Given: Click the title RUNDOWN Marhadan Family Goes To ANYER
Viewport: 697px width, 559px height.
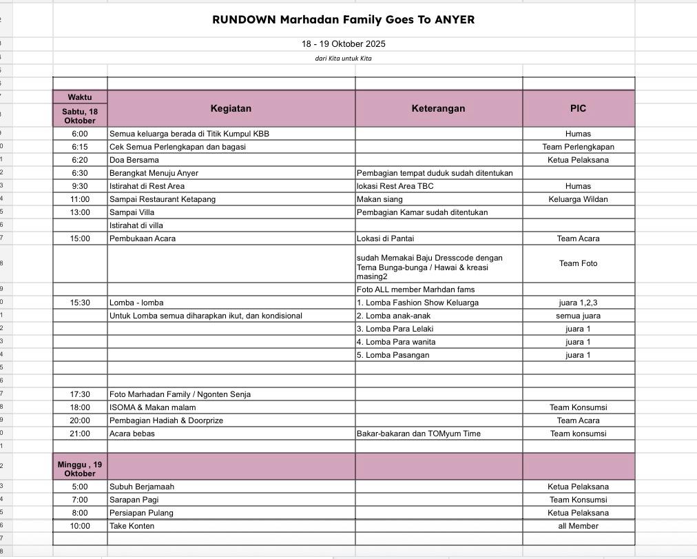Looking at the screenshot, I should click(x=343, y=19).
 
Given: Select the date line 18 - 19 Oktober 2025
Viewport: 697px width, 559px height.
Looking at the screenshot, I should click(x=343, y=44).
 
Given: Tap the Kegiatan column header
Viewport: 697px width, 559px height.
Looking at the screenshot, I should click(x=231, y=108).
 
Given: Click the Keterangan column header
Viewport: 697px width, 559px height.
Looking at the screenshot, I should click(x=438, y=108).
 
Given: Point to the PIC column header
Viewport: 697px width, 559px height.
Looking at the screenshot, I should click(x=578, y=108).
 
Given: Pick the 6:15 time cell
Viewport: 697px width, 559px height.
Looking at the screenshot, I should click(x=80, y=147).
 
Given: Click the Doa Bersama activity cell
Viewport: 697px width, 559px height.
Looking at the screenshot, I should click(x=134, y=160).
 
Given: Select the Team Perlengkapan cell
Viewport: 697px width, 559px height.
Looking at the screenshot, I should click(x=578, y=147).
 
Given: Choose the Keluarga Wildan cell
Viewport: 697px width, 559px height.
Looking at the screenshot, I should click(x=578, y=199).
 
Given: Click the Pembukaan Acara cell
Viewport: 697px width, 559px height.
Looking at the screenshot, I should click(x=143, y=238).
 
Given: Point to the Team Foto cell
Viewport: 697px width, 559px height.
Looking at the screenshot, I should click(x=578, y=263).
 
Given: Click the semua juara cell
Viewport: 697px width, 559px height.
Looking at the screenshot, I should click(x=578, y=316).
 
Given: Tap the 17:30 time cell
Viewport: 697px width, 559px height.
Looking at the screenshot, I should click(x=80, y=394).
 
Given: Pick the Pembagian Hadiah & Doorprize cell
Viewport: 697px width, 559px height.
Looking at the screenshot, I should click(x=166, y=420).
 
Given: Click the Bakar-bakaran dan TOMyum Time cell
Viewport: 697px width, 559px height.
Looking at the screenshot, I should click(x=419, y=434).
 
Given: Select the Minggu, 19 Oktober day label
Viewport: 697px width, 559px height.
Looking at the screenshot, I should click(x=80, y=469).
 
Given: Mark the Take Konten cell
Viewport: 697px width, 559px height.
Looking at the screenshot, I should click(x=132, y=526).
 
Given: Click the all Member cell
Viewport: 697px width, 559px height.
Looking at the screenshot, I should click(x=578, y=526).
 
